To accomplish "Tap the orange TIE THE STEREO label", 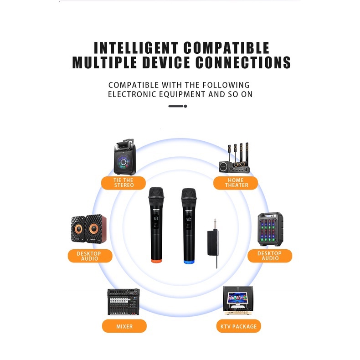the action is [123, 183].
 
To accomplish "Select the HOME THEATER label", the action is [236, 183].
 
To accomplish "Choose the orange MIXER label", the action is [124, 326].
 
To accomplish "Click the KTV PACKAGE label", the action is [238, 326].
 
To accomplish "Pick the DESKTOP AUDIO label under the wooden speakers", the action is [90, 256].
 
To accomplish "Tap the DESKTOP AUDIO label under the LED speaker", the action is [269, 256].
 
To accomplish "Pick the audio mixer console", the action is [123, 302].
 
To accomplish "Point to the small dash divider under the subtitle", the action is [178, 106].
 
